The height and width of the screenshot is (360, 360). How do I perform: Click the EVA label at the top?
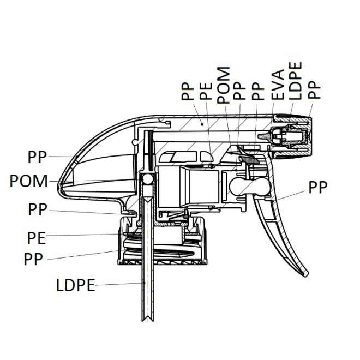pyautogui.click(x=278, y=85)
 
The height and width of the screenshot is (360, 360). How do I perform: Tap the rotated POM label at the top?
pyautogui.click(x=223, y=85)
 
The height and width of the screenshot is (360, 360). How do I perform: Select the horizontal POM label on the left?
pyautogui.click(x=29, y=181)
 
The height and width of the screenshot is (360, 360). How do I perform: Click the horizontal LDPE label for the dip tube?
pyautogui.click(x=75, y=285)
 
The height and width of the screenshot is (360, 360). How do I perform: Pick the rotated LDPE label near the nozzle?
pyautogui.click(x=295, y=81)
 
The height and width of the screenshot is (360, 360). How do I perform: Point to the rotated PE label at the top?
pyautogui.click(x=206, y=91)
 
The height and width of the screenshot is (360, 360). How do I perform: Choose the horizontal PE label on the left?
pyautogui.click(x=37, y=238)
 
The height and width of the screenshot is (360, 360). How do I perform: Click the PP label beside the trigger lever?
pyautogui.click(x=318, y=187)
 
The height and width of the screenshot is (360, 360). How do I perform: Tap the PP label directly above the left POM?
pyautogui.click(x=37, y=157)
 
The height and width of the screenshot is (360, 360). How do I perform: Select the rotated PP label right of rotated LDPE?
pyautogui.click(x=314, y=90)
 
